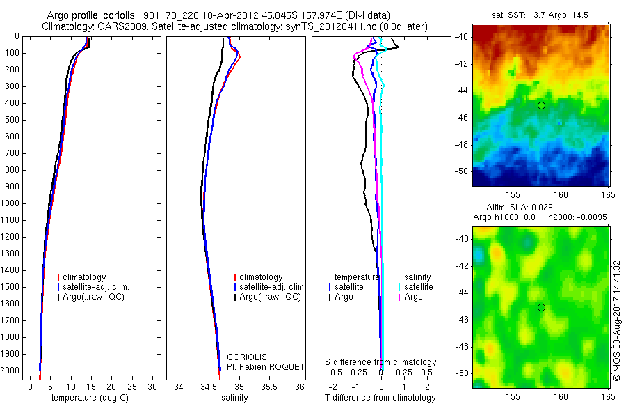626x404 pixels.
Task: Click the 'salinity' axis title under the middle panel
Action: [235, 398]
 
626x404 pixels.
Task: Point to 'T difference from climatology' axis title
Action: [380, 398]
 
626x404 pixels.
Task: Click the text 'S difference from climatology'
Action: [381, 362]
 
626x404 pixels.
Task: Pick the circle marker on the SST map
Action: [541, 105]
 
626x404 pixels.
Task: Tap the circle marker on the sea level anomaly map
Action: [541, 307]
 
